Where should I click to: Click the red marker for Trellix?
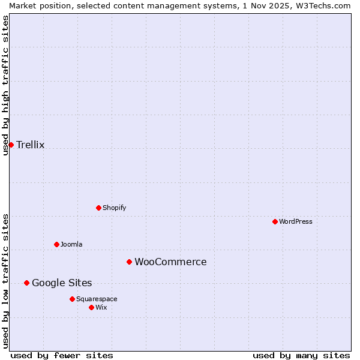11,145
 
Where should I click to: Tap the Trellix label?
30,145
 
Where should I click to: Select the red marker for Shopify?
98,208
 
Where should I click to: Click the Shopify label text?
114,208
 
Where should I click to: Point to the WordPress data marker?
275,221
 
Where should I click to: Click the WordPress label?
295,221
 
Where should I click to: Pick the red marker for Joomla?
56,244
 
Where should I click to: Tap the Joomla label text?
71,244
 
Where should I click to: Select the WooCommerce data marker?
129,262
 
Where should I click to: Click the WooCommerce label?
170,262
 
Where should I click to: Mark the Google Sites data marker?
26,283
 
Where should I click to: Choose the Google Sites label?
62,283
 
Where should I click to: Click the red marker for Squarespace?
72,299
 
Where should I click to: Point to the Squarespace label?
97,299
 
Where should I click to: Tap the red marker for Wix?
91,307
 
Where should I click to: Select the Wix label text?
101,307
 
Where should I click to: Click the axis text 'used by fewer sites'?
62,355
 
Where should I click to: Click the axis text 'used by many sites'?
301,355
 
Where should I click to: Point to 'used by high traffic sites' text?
5,85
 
